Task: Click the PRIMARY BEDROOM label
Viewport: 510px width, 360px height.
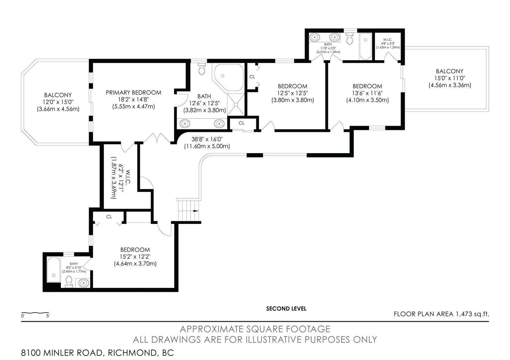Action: pyautogui.click(x=134, y=93)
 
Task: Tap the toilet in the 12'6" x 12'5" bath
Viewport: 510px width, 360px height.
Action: pyautogui.click(x=202, y=69)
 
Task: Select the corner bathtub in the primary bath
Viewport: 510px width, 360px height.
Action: pyautogui.click(x=228, y=77)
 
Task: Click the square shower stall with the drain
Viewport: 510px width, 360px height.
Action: pyautogui.click(x=236, y=104)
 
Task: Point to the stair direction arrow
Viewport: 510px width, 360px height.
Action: pyautogui.click(x=196, y=211)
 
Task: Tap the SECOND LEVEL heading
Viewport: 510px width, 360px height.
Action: pyautogui.click(x=286, y=309)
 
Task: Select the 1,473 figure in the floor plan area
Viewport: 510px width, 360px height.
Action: pyautogui.click(x=463, y=314)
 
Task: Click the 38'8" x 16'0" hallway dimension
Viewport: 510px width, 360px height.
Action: pyautogui.click(x=207, y=139)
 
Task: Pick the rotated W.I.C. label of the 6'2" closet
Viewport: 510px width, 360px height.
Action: pyautogui.click(x=128, y=177)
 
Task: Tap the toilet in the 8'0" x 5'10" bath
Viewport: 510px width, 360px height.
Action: pyautogui.click(x=69, y=282)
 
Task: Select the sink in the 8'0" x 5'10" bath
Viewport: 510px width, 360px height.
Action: pyautogui.click(x=84, y=283)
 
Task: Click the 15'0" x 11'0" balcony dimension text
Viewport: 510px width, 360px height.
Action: pyautogui.click(x=450, y=78)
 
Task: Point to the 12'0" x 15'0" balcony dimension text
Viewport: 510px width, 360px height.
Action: pyautogui.click(x=58, y=102)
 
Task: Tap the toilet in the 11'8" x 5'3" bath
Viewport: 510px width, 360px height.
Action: pyautogui.click(x=349, y=39)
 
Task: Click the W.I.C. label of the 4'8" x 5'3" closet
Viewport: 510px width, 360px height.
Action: pyautogui.click(x=388, y=40)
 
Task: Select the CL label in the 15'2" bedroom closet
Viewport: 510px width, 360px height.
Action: pyautogui.click(x=109, y=217)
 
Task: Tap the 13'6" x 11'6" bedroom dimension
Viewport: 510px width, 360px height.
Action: pyautogui.click(x=368, y=93)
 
